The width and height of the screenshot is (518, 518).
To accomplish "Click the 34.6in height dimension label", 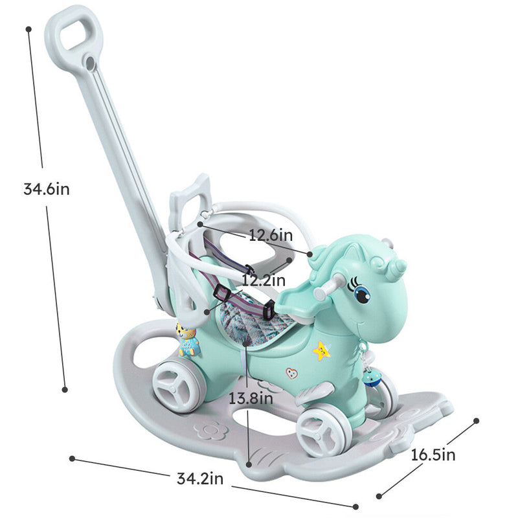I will [x=46, y=189].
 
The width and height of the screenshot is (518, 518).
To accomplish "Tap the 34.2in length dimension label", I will [x=200, y=479].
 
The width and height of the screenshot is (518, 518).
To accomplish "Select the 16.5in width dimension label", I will [x=433, y=455].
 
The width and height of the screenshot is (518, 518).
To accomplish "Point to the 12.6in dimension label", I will [x=271, y=236].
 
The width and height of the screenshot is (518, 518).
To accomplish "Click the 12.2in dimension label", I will [x=264, y=280].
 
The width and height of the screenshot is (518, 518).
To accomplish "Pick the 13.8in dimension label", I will [x=250, y=398].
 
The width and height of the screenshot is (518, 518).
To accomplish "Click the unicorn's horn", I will [x=396, y=264].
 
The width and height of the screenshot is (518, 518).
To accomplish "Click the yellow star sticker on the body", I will [x=321, y=350].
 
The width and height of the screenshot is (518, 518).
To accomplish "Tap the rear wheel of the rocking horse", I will [x=177, y=387].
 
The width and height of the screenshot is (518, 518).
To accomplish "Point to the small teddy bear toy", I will [x=188, y=340].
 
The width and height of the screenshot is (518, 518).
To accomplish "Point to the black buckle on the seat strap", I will [x=221, y=295].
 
